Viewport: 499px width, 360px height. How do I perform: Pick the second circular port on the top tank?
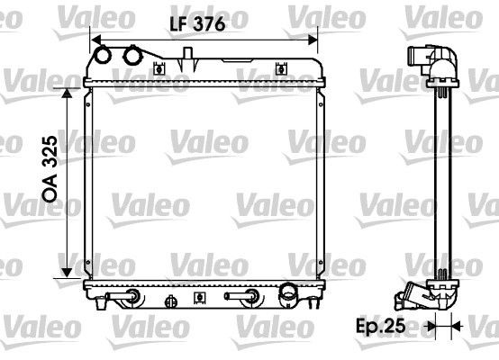click(x=134, y=56)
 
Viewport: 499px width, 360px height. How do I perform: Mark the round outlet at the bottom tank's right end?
click(x=288, y=292)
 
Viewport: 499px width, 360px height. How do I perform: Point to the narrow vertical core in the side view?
click(x=441, y=180)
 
